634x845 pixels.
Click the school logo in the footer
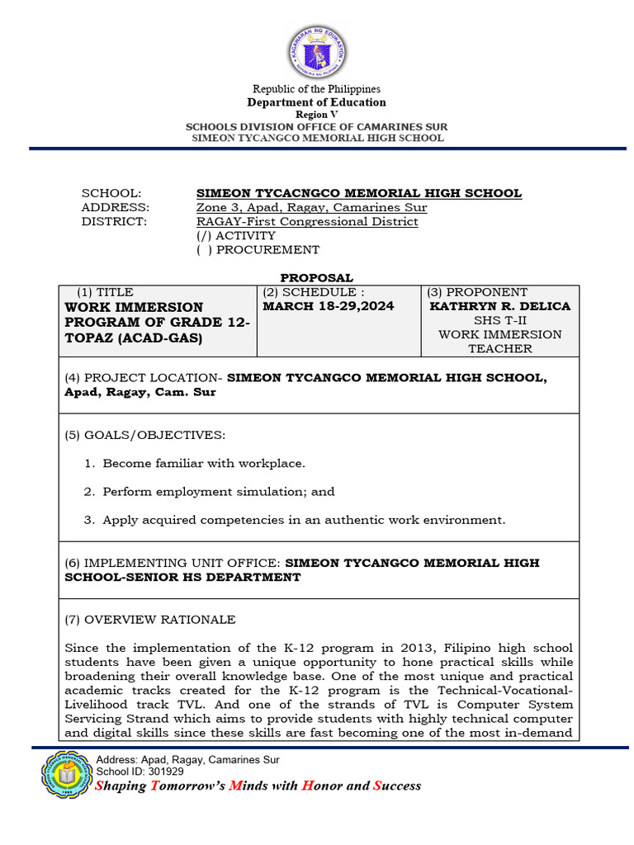pyautogui.click(x=65, y=775)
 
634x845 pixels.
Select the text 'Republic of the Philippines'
pyautogui.click(x=316, y=89)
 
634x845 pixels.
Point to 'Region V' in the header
pyautogui.click(x=317, y=115)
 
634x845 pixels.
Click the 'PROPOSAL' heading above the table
pyautogui.click(x=316, y=278)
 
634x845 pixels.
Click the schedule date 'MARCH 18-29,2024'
pyautogui.click(x=328, y=306)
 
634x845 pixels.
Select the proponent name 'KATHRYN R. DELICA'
pyautogui.click(x=500, y=306)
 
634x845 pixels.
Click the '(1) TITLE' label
pyautogui.click(x=105, y=292)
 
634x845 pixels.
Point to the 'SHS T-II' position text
pyautogui.click(x=499, y=320)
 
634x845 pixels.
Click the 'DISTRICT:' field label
pyautogui.click(x=114, y=221)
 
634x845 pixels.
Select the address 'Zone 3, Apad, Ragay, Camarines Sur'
pyautogui.click(x=311, y=207)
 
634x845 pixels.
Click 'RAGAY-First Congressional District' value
pyautogui.click(x=307, y=221)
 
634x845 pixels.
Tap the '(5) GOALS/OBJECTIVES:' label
pyautogui.click(x=144, y=435)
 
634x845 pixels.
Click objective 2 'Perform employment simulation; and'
pyautogui.click(x=219, y=492)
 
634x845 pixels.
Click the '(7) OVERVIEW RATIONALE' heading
pyautogui.click(x=149, y=619)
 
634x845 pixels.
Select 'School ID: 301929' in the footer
pyautogui.click(x=140, y=771)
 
